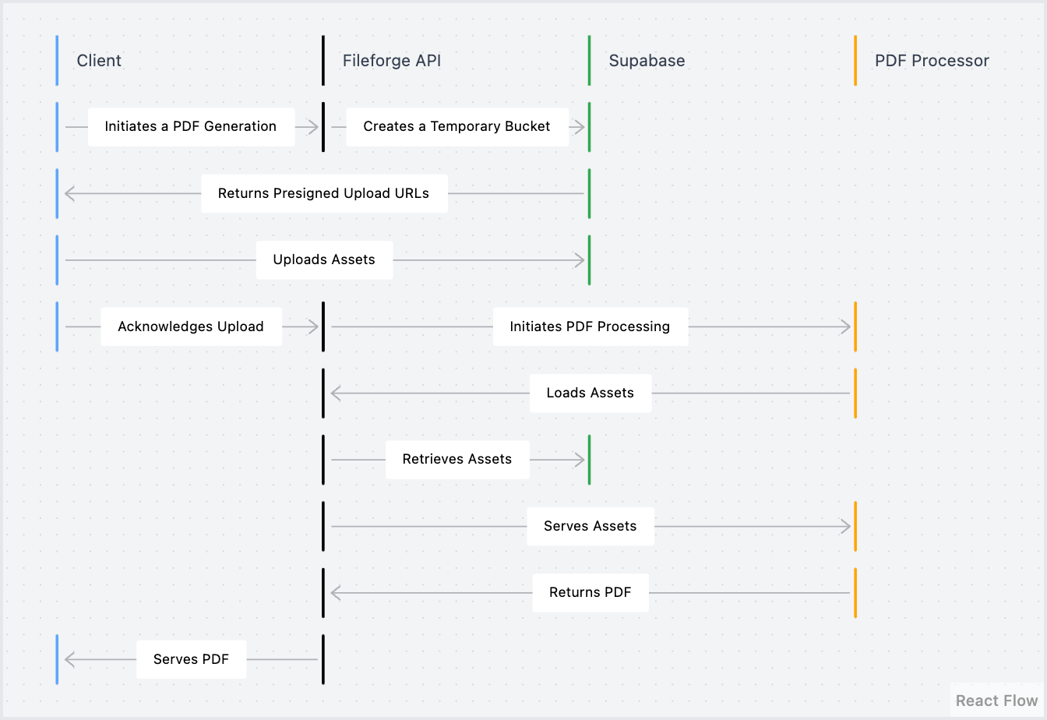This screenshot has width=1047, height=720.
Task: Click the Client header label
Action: [x=99, y=61]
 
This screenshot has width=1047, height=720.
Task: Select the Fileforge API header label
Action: [x=391, y=61]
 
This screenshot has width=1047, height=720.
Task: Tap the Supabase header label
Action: [x=647, y=61]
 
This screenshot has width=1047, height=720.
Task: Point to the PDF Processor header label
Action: [x=932, y=61]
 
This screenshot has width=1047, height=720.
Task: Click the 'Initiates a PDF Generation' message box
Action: [x=191, y=127]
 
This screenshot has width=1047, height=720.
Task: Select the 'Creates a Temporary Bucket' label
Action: [x=457, y=127]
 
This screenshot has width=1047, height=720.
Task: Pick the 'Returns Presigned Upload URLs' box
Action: [x=323, y=193]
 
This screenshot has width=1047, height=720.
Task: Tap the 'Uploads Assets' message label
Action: [x=324, y=260]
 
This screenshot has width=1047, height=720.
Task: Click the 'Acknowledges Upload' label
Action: [x=191, y=326]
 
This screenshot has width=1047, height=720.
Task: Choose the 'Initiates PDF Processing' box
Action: [x=590, y=326]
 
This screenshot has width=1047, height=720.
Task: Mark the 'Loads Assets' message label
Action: [x=590, y=393]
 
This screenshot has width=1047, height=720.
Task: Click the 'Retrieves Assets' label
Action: [x=457, y=460]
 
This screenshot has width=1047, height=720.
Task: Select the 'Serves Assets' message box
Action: [x=590, y=526]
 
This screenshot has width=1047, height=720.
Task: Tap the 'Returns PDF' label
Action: [x=590, y=592]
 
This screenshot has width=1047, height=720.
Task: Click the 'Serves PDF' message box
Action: [x=191, y=659]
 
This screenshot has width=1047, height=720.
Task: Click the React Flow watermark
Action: [x=996, y=701]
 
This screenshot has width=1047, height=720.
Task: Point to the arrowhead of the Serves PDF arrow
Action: [x=69, y=660]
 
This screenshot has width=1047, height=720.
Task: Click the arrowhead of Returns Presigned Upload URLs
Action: [x=69, y=193]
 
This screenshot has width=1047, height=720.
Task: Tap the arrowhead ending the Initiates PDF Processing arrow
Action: [x=846, y=326]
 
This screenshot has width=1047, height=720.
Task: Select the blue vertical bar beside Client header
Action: [x=57, y=61]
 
